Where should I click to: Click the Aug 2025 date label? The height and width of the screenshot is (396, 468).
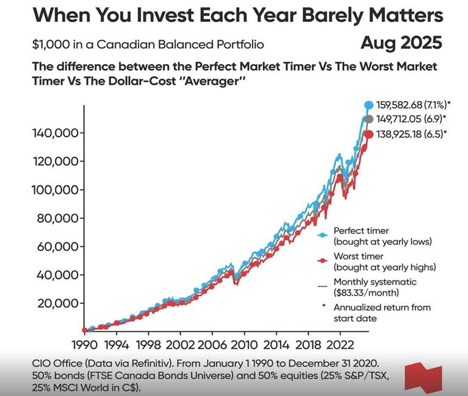[401, 44]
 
